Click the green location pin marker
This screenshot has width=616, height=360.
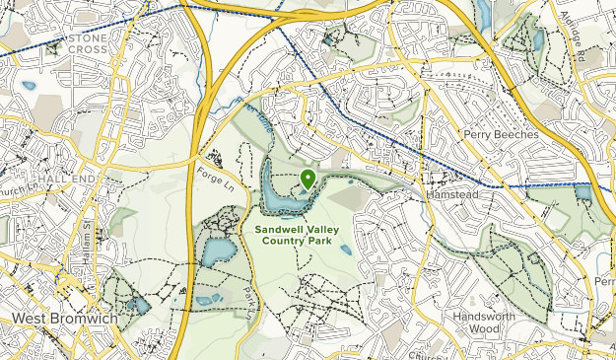click(x=308, y=179)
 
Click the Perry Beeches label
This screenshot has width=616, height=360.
click(x=501, y=132)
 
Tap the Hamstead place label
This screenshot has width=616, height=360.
click(x=451, y=195)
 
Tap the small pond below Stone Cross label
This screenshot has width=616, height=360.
click(x=29, y=85)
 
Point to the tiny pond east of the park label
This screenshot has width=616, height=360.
click(x=345, y=250)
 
